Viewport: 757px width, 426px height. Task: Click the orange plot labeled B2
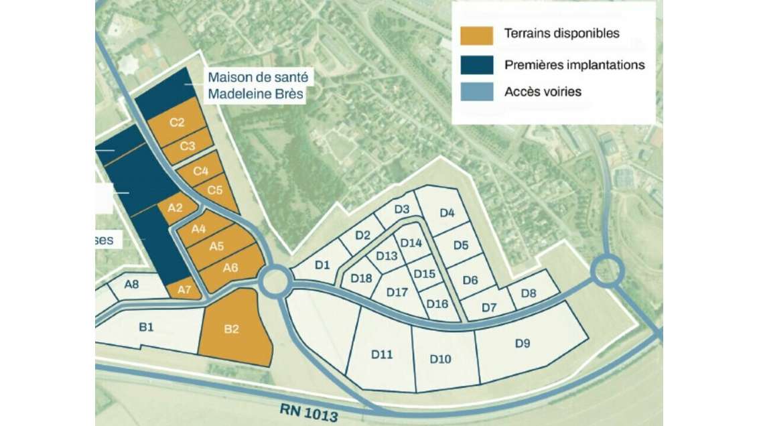click(x=234, y=330)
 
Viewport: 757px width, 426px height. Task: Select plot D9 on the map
click(x=523, y=344)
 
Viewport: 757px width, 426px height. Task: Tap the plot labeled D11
click(x=382, y=354)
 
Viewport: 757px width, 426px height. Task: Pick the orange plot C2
click(x=176, y=123)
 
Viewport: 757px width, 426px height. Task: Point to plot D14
click(x=410, y=244)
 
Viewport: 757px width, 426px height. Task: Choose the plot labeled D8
click(x=529, y=293)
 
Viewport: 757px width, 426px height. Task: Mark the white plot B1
click(x=147, y=328)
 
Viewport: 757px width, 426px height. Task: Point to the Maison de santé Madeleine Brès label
click(x=256, y=86)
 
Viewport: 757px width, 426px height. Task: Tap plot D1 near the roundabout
click(x=323, y=264)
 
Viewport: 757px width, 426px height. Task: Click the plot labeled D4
click(x=447, y=214)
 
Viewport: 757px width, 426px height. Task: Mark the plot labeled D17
click(x=397, y=293)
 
